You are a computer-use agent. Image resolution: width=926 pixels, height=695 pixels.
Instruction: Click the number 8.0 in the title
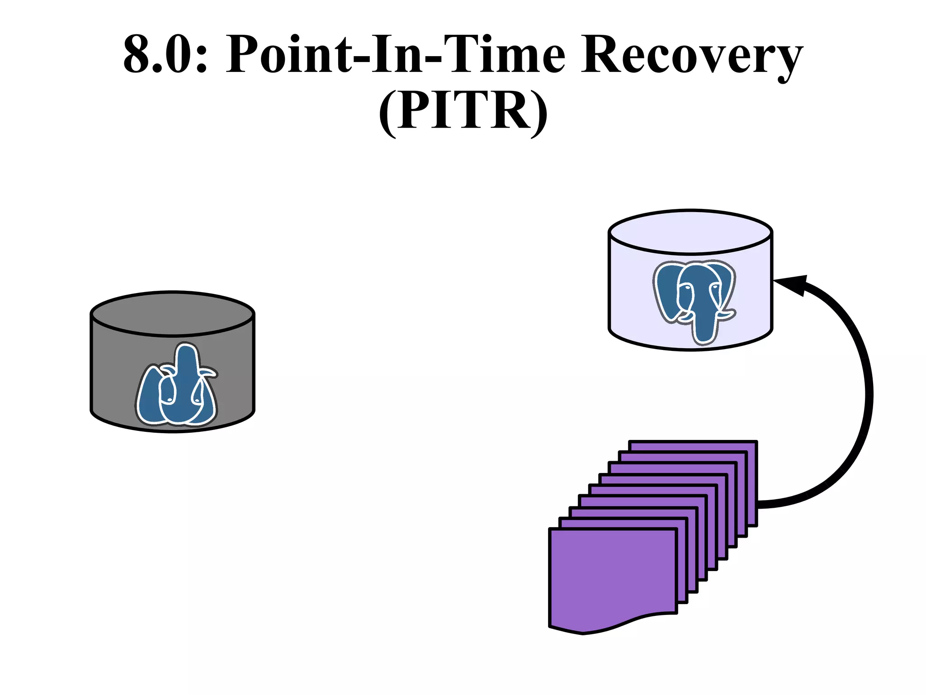click(x=158, y=54)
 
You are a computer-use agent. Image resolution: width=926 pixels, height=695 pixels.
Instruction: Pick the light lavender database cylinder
click(x=633, y=298)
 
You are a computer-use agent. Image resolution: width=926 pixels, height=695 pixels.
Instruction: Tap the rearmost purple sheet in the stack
click(x=692, y=445)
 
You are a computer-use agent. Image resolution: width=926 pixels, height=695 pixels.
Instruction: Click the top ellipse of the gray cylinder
click(x=172, y=314)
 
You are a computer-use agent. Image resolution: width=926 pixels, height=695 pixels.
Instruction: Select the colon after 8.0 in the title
click(x=202, y=57)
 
